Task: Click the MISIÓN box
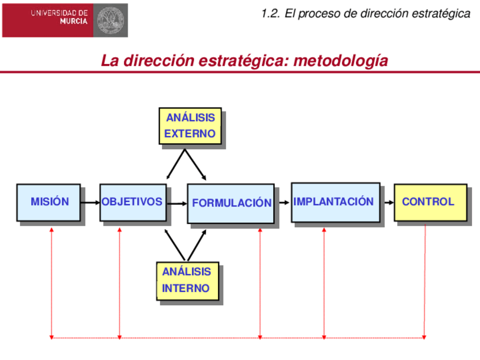49,202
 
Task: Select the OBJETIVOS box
132,202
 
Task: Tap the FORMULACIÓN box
231,203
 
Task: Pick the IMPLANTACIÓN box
335,202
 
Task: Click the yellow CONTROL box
430,202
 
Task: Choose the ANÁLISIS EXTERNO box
190,126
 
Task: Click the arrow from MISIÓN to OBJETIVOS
89,202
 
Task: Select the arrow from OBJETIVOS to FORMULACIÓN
177,203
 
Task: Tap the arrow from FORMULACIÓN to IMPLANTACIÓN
282,202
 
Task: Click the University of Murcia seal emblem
109,19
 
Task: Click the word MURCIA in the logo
74,22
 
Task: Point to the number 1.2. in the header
271,14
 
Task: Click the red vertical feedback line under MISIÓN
52,283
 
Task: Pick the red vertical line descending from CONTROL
425,283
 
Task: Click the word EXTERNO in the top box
190,134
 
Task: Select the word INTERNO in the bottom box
186,289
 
